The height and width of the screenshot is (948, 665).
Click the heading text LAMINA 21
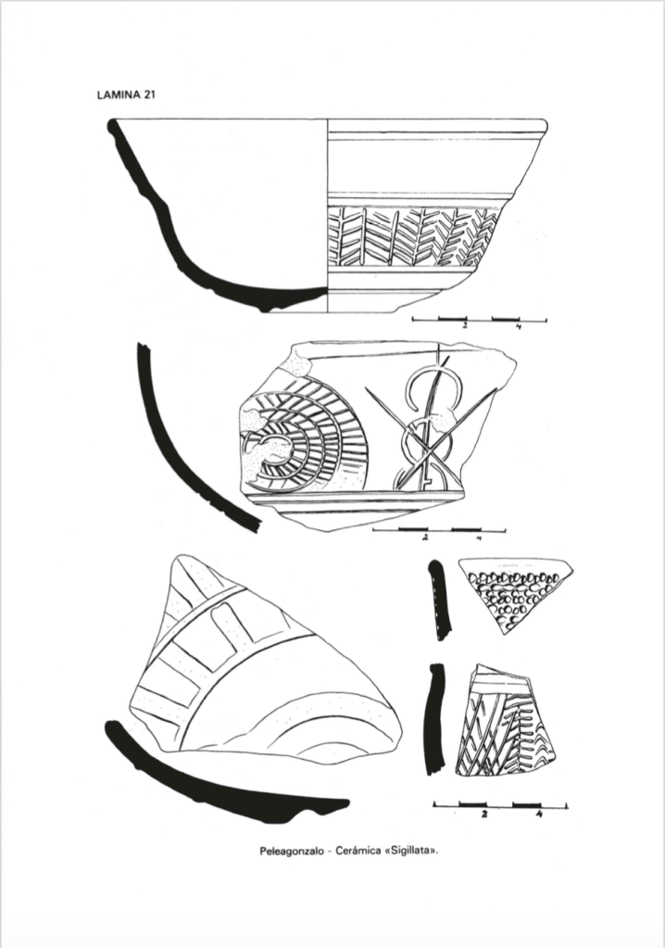(x=126, y=95)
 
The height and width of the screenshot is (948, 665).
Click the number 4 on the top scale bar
(x=519, y=327)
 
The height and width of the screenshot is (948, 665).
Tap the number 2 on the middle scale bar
(x=425, y=537)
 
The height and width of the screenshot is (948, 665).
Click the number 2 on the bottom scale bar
(x=484, y=814)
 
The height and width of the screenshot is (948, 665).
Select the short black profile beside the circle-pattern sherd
(x=440, y=600)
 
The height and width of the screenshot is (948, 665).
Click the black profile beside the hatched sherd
(x=435, y=719)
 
